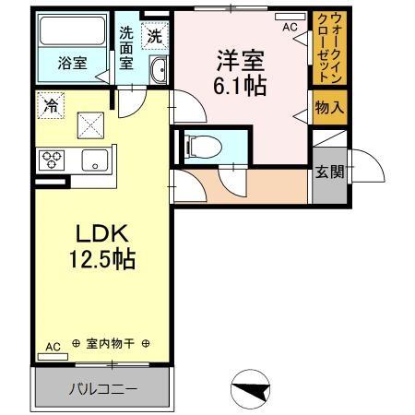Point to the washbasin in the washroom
[157, 69]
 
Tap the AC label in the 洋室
[290, 28]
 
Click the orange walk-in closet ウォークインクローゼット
[328, 49]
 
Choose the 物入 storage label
[329, 107]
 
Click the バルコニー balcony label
[103, 389]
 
